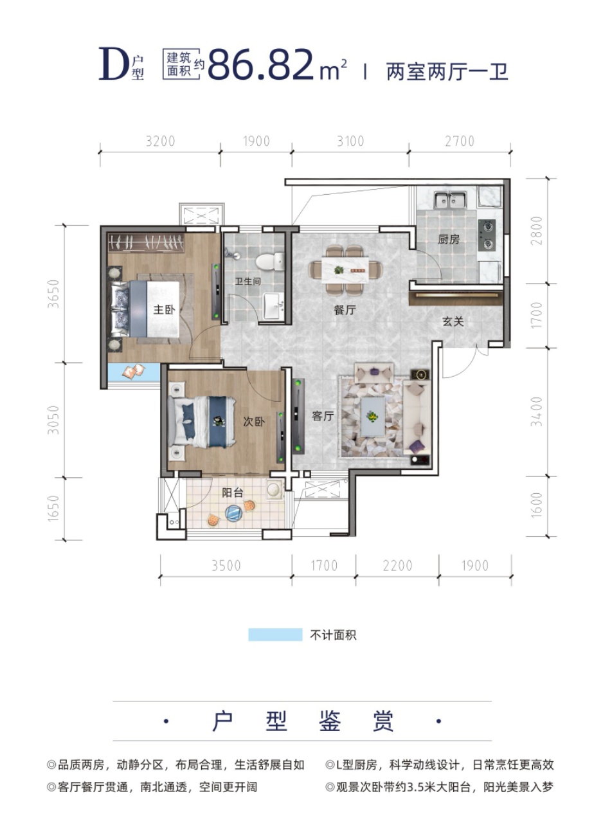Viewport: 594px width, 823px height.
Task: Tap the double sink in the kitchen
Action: coord(450,200)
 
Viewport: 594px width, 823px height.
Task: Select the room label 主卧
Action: coord(164,309)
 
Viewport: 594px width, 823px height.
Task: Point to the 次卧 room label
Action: coord(254,421)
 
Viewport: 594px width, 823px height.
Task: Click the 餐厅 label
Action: coord(345,310)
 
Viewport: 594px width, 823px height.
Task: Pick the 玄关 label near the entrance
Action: coord(453,321)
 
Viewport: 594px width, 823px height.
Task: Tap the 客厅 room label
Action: coord(323,416)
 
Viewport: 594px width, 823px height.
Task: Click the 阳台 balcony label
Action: coord(233,493)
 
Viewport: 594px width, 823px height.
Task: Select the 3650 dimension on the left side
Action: coord(53,294)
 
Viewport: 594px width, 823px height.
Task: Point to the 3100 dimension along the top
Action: coord(350,141)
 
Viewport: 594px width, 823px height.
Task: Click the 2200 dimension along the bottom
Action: coord(397,565)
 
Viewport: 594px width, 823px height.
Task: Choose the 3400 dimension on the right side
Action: coord(537,411)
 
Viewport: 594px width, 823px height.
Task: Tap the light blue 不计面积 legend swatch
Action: coord(275,635)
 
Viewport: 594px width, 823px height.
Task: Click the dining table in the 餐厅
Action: coord(345,269)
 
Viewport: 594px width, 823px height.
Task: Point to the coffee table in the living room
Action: coord(373,417)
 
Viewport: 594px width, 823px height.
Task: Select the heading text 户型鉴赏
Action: coord(303,721)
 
